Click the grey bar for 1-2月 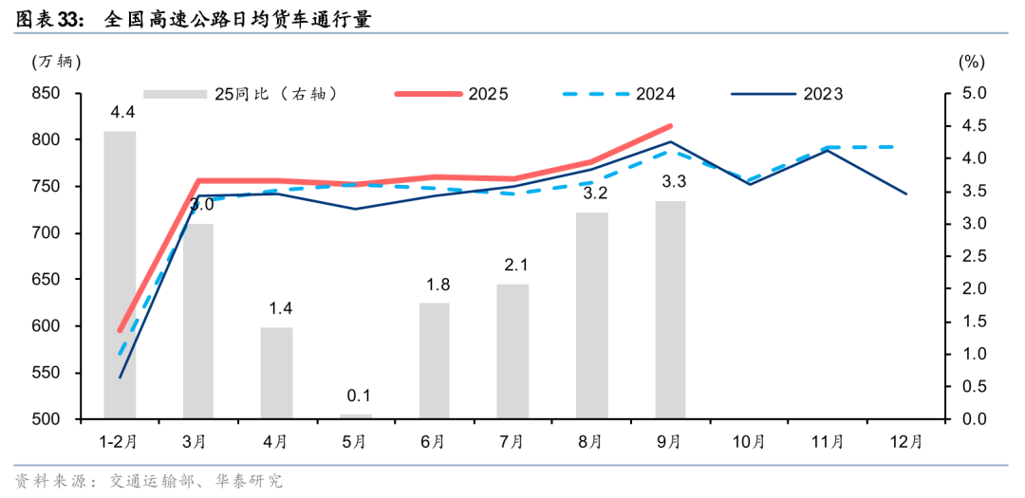[x=120, y=275]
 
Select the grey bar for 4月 [x=277, y=373]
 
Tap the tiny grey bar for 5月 [x=356, y=415]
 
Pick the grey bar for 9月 [x=670, y=309]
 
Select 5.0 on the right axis [x=974, y=93]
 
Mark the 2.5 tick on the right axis [x=974, y=256]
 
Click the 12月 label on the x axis [x=905, y=441]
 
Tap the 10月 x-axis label [x=749, y=441]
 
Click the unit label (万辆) [x=57, y=63]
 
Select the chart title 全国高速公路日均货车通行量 [x=237, y=18]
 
